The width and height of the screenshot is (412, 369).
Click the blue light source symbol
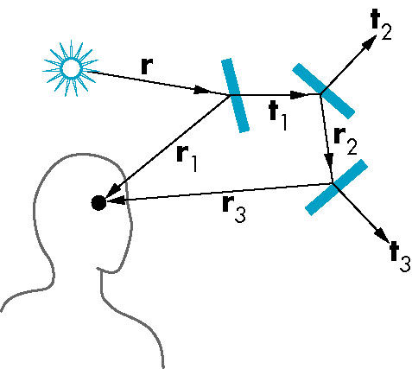tap(71, 68)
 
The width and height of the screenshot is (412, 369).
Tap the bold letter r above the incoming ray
tap(147, 67)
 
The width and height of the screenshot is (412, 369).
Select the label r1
tap(187, 158)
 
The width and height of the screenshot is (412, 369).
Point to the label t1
tap(278, 117)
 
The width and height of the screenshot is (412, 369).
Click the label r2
tap(345, 141)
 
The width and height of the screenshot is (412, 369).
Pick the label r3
tap(234, 210)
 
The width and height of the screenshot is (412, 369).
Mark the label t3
tap(400, 257)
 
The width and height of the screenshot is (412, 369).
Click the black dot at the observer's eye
tap(98, 203)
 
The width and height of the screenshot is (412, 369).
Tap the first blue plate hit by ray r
tap(235, 95)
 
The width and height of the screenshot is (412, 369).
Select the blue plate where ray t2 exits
tap(323, 91)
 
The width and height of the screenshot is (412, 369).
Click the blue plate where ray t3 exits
tap(336, 188)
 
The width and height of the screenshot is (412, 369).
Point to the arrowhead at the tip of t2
tap(370, 43)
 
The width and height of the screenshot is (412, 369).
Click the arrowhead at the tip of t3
tap(383, 233)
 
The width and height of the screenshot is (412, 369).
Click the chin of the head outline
tap(111, 270)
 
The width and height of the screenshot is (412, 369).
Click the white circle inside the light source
tap(71, 68)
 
